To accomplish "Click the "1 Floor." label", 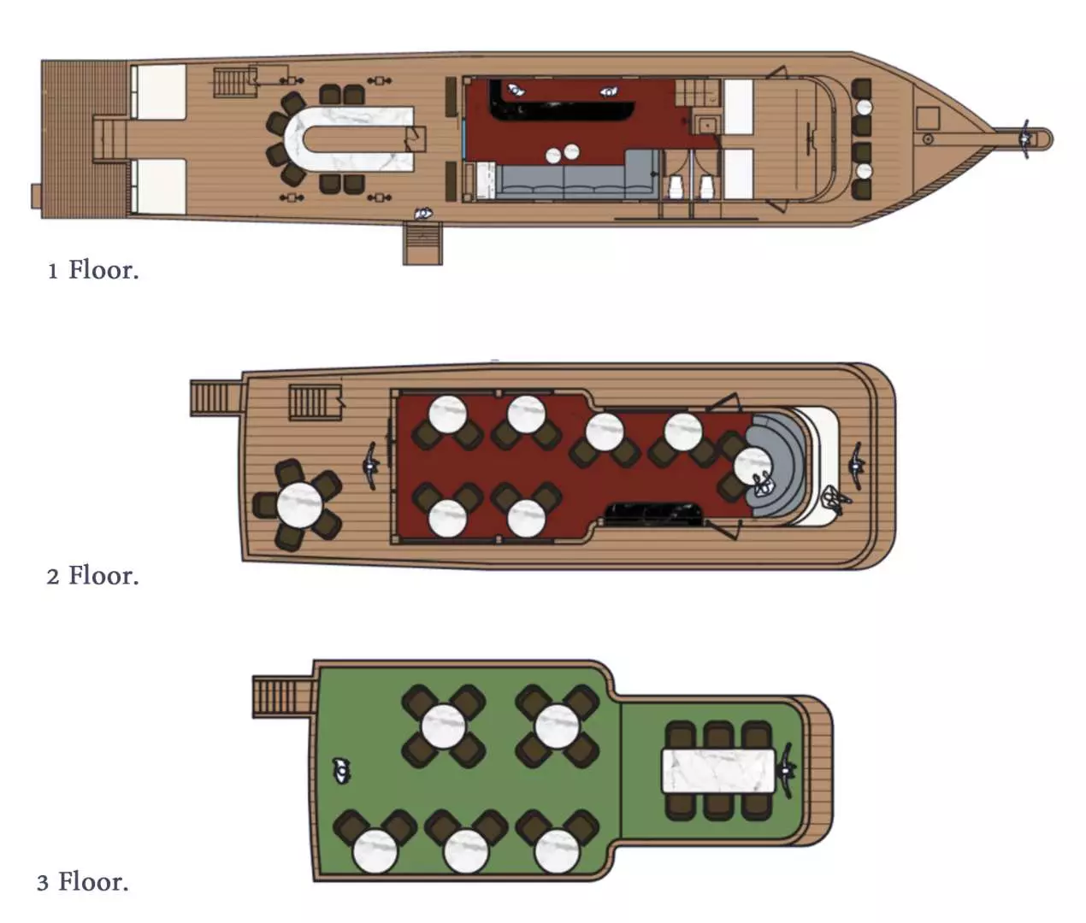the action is (x=93, y=270).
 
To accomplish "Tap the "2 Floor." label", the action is (x=92, y=575).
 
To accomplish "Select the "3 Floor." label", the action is (x=83, y=881).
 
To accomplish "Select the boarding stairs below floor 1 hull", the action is (x=422, y=243).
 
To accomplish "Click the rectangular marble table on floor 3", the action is (x=718, y=771).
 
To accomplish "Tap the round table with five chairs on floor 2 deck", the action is (x=299, y=504).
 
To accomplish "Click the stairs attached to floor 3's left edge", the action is (x=284, y=697).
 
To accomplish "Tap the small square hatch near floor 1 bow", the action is (x=928, y=119).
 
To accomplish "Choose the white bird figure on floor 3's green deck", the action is (x=341, y=770).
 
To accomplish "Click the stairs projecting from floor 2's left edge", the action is (x=216, y=398).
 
